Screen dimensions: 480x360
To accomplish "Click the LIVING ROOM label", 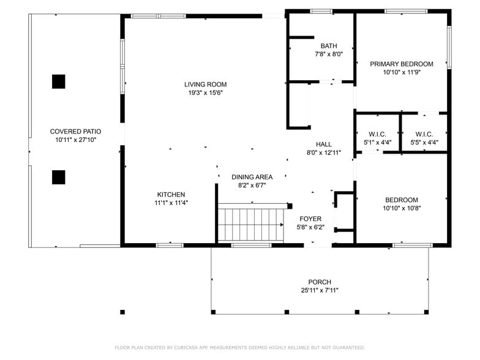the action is (206, 84).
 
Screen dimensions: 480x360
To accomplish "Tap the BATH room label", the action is (329, 46).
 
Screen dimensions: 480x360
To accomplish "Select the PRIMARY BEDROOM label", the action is (402, 64).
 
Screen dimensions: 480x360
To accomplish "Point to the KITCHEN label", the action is (171, 195).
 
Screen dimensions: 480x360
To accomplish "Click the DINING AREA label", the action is (252, 177).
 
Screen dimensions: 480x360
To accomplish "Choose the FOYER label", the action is (310, 219).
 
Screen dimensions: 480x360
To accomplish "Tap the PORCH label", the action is (320, 282).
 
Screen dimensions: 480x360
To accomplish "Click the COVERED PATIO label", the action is (76, 132).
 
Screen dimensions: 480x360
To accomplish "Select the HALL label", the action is (324, 144).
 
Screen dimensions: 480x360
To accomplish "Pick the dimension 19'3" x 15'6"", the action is (206, 93).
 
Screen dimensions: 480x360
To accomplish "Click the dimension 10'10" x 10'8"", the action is (402, 208).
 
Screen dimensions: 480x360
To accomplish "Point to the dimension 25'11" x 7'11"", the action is (320, 290).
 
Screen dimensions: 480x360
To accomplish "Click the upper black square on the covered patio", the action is (59, 82).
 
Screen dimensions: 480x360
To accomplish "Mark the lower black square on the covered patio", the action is (59, 178).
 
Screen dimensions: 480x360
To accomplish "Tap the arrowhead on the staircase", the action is (282, 225).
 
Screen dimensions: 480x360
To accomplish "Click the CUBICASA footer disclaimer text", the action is (240, 348).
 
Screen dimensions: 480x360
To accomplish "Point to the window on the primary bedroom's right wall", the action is (449, 47).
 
